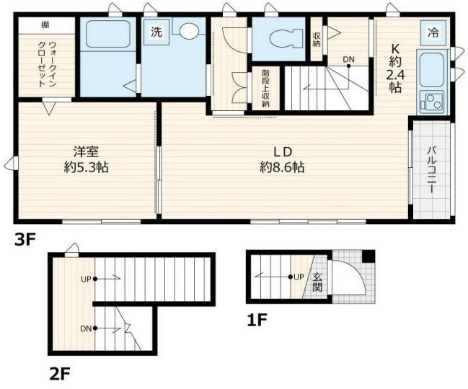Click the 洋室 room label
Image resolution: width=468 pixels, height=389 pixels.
coord(85,152)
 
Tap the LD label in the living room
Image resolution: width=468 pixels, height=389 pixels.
coord(281,152)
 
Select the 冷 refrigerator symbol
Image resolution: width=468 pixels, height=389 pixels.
coord(433,32)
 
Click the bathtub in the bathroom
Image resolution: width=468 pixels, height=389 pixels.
coord(107,34)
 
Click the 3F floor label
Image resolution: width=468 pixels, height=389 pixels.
coord(24,240)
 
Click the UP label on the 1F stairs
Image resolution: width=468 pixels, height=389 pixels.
coord(298,277)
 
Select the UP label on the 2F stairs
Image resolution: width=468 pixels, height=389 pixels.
coord(86,278)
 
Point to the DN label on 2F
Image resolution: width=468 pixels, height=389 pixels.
coord(86,328)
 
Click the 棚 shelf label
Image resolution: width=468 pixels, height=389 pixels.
coord(45,24)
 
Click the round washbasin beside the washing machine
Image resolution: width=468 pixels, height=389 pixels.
coord(189,32)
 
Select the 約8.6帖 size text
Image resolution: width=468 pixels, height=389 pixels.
coord(282,169)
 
